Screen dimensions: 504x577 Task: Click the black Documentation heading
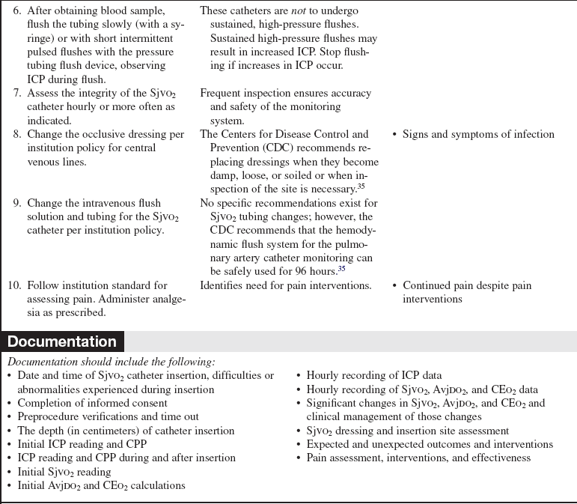[62, 342]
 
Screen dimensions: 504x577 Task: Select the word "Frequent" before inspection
[223, 94]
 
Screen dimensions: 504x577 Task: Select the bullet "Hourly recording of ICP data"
[373, 375]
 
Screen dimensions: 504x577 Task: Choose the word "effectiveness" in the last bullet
[498, 458]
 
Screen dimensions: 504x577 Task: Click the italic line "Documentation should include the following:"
[110, 362]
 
